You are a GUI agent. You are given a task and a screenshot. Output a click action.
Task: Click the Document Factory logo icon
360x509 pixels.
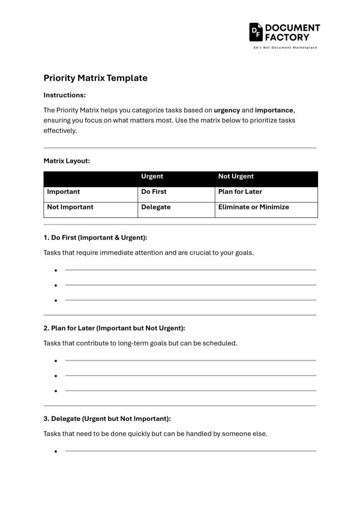(256, 32)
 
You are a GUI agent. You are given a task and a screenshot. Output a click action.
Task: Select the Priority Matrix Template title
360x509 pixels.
(95, 78)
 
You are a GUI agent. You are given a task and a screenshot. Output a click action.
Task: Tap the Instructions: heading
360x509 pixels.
(65, 95)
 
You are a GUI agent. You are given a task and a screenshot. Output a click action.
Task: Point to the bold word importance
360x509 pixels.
(274, 110)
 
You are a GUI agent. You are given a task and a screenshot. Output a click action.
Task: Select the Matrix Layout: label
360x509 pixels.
(67, 161)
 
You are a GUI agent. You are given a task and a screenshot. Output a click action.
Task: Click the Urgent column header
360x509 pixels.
(152, 176)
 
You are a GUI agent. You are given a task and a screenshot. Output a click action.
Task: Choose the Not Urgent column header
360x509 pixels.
(236, 176)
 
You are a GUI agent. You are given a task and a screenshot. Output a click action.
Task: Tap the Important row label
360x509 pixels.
(63, 192)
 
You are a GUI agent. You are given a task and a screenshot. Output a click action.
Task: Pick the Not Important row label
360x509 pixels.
(70, 207)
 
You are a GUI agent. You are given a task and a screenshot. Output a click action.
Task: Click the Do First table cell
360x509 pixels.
(154, 192)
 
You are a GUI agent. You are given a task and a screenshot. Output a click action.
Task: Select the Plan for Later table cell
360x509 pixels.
(240, 192)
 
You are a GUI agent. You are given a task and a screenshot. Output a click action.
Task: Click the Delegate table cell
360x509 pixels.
(156, 207)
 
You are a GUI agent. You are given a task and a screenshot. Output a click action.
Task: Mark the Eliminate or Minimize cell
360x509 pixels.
(253, 207)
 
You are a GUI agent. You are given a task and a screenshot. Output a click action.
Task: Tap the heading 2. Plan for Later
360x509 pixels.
(114, 328)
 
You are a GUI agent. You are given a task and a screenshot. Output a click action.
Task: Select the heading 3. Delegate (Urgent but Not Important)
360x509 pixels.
(107, 418)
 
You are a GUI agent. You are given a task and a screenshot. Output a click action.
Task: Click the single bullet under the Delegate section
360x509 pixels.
(55, 451)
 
